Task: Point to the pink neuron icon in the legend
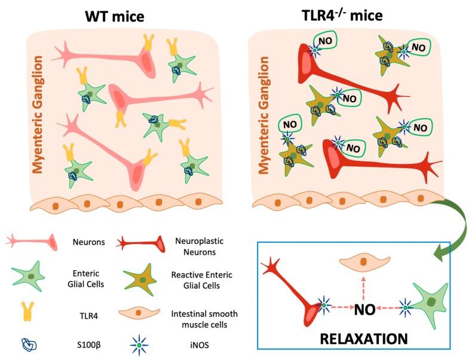tap(30, 242)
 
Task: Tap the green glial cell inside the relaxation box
tap(436, 304)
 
